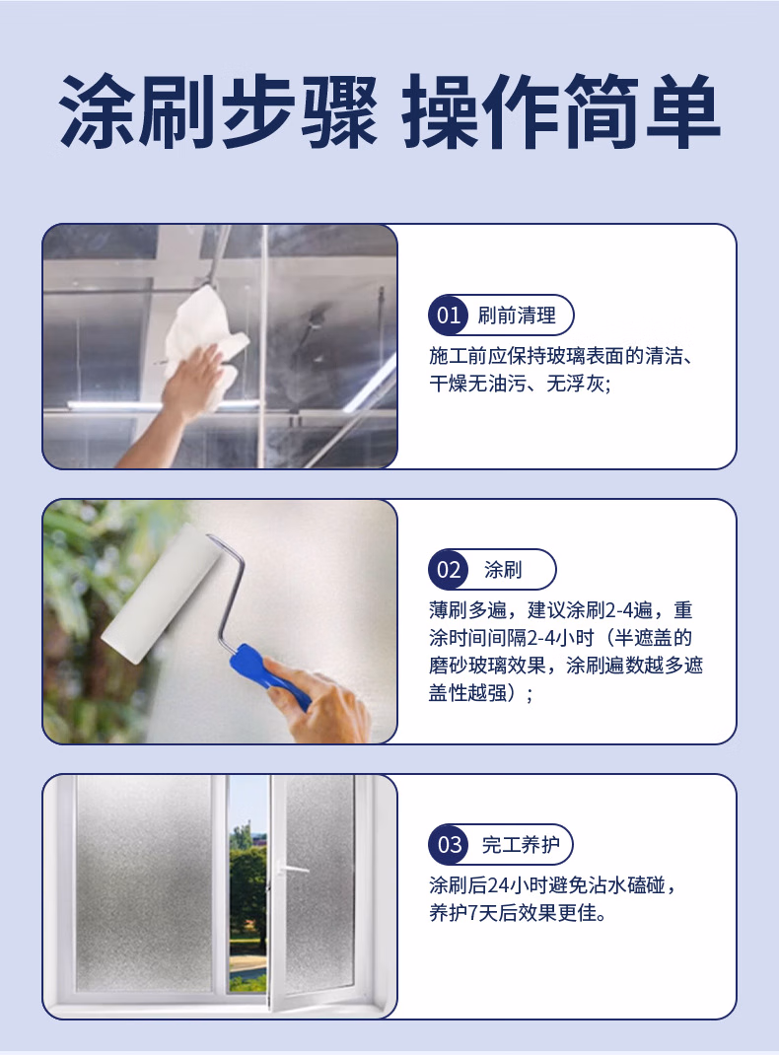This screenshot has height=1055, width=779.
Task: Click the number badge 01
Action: click(448, 315)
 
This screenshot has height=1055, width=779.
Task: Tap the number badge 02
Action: click(448, 570)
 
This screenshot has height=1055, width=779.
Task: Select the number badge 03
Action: click(448, 844)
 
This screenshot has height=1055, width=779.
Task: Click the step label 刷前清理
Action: click(517, 315)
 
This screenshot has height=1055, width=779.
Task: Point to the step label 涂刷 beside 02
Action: click(503, 570)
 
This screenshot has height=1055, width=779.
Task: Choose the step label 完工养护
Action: click(521, 844)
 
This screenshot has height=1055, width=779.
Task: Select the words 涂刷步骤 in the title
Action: click(217, 111)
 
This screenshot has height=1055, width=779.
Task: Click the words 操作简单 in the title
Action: click(560, 111)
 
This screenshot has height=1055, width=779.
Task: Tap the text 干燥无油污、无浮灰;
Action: click(520, 384)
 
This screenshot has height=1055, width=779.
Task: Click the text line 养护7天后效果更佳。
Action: click(518, 913)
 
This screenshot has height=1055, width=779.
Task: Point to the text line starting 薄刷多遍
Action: click(561, 610)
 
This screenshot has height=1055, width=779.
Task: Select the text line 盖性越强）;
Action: click(481, 692)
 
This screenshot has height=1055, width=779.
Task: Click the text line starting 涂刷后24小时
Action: click(552, 884)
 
